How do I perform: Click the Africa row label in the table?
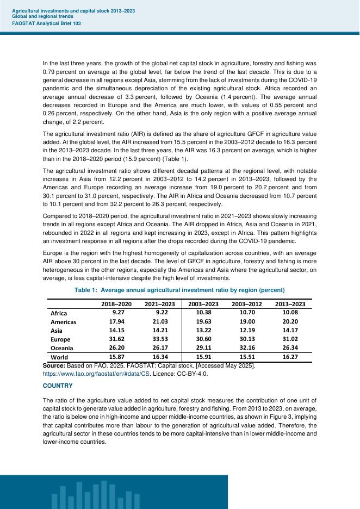(58, 314)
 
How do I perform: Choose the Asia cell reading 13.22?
(203, 331)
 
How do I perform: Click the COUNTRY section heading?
(58, 385)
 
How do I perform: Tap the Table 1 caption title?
(179, 290)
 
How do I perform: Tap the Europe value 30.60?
(203, 339)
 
